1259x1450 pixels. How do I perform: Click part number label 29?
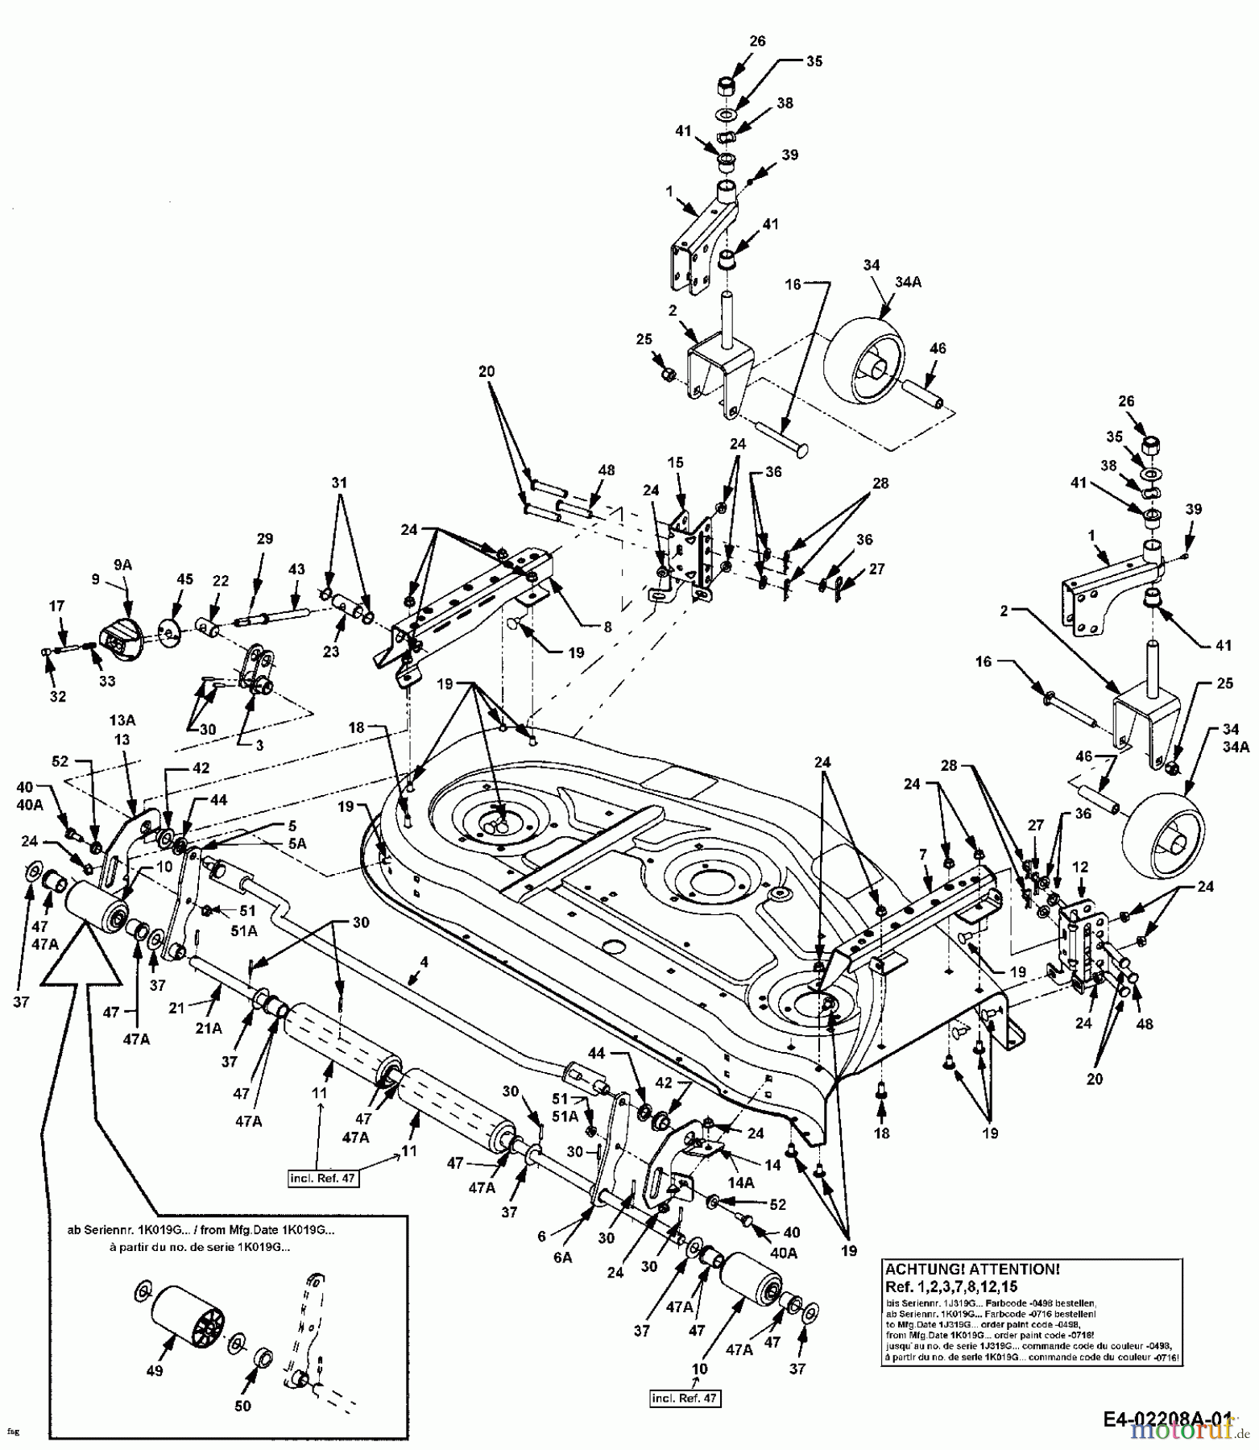[264, 539]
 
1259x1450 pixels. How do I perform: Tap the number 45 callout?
[185, 578]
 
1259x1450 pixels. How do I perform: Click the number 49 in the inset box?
[155, 1371]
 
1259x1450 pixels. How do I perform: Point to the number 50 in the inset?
[242, 1406]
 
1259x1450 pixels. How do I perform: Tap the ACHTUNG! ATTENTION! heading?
[972, 1269]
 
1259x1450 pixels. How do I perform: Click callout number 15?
[675, 462]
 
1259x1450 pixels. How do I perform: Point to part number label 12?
[1080, 867]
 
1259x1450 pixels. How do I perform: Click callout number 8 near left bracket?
[607, 626]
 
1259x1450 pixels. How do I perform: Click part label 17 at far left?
[57, 606]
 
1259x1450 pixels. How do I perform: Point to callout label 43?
[296, 569]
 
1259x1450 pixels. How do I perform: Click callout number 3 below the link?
[259, 746]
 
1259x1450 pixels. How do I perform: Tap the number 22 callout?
[220, 581]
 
